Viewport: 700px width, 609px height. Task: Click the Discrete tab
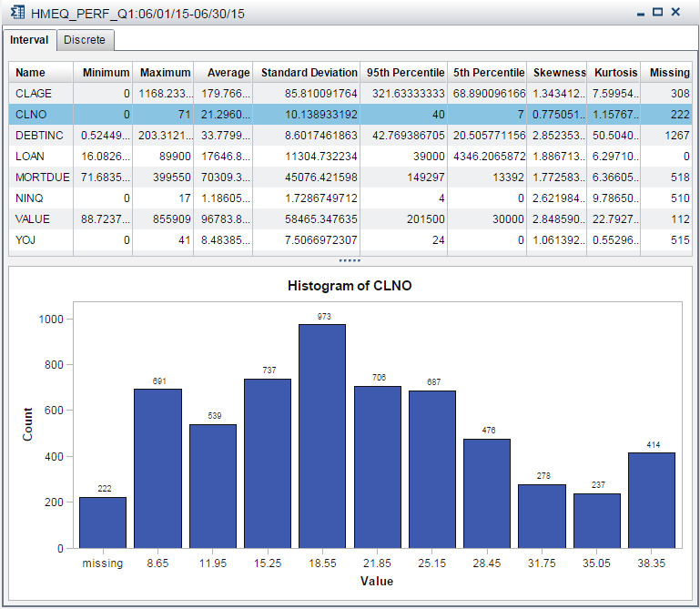click(85, 40)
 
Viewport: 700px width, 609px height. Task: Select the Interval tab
click(29, 40)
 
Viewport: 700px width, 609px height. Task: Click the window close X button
click(675, 13)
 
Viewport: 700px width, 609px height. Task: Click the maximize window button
click(657, 13)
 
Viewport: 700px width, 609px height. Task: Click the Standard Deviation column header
click(309, 73)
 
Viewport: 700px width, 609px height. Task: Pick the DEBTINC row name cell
click(40, 135)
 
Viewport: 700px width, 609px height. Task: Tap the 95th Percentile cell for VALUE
click(404, 218)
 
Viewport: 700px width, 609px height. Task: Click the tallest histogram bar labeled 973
click(322, 436)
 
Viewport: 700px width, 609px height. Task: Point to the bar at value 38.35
click(652, 501)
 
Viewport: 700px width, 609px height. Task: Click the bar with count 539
click(212, 486)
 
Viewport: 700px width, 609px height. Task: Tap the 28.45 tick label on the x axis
click(487, 563)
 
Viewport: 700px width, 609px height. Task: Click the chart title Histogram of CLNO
click(350, 286)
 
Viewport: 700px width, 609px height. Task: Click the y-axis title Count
click(28, 424)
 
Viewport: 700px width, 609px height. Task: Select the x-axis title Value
click(377, 580)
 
